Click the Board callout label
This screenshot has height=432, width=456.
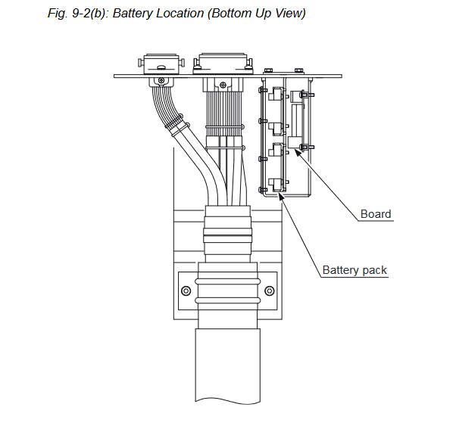click(x=376, y=214)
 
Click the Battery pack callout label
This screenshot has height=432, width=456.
click(x=354, y=270)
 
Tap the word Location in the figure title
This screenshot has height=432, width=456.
click(x=180, y=13)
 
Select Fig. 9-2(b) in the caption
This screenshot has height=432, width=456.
click(x=77, y=14)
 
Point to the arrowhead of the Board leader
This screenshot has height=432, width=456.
click(x=297, y=151)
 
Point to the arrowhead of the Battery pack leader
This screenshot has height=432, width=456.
click(x=280, y=195)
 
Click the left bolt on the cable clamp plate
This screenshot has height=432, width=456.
click(x=186, y=291)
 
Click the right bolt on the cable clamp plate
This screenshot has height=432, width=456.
click(x=270, y=291)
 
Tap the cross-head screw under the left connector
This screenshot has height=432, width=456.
click(x=161, y=80)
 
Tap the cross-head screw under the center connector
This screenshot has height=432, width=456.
click(x=223, y=85)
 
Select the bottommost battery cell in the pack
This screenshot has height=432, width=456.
click(x=276, y=185)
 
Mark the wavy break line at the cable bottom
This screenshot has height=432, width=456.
click(x=228, y=401)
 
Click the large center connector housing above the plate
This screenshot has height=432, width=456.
click(x=223, y=64)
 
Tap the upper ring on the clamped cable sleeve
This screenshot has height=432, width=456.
click(x=227, y=281)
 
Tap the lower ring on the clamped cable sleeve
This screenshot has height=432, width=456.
click(x=227, y=300)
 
